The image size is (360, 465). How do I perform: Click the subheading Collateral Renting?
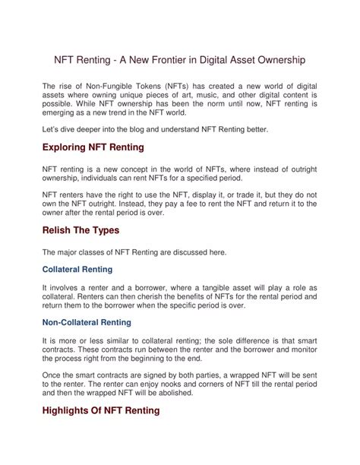pyautogui.click(x=88, y=269)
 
